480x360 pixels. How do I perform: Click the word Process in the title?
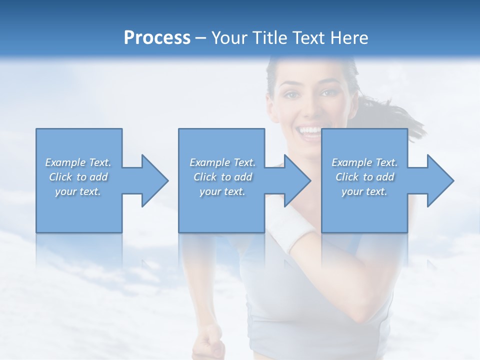click(157, 38)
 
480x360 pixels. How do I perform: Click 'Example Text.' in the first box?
click(78, 162)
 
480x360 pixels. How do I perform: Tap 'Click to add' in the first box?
click(78, 177)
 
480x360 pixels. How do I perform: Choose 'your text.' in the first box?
click(78, 191)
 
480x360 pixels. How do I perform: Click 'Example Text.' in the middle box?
click(222, 162)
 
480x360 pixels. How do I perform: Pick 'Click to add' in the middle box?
click(222, 177)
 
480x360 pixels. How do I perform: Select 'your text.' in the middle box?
click(222, 191)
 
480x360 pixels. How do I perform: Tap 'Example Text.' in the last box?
click(364, 162)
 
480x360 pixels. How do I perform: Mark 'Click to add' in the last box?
click(364, 177)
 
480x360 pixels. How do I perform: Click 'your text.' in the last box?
click(364, 191)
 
